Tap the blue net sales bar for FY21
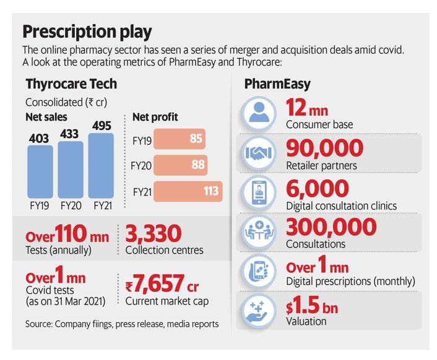102,167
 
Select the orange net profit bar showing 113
189,191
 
